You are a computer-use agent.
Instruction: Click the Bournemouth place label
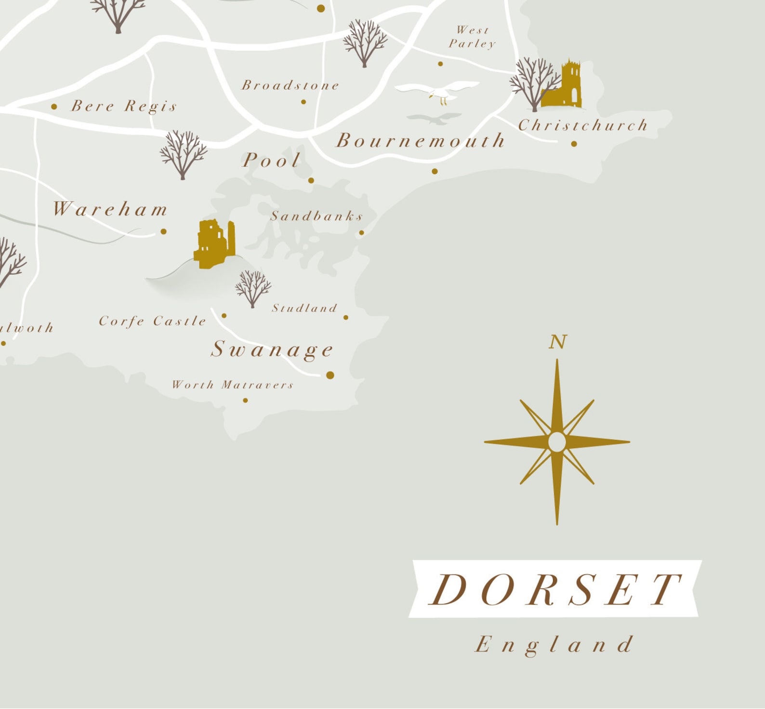point(421,141)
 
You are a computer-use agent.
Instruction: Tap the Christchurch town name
point(583,126)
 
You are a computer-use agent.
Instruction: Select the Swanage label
point(272,349)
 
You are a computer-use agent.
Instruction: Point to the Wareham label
point(110,209)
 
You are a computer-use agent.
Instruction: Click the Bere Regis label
point(124,106)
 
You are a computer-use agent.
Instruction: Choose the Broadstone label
point(290,86)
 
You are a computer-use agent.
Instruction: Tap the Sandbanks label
point(316,216)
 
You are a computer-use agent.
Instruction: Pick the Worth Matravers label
point(233,385)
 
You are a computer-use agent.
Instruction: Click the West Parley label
point(472,37)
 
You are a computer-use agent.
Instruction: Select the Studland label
point(304,308)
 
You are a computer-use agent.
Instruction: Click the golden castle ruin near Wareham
point(215,244)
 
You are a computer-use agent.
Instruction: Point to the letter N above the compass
point(557,342)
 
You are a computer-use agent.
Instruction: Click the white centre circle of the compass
point(557,442)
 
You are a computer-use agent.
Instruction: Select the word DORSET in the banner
point(555,589)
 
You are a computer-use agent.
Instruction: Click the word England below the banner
point(554,645)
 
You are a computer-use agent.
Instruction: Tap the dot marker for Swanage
point(330,375)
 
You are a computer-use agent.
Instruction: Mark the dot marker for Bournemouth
point(435,171)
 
